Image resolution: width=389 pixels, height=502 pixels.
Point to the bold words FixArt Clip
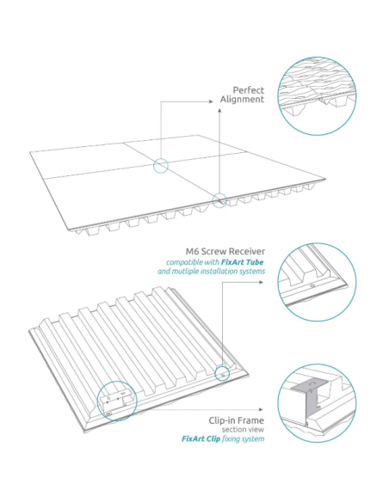201,439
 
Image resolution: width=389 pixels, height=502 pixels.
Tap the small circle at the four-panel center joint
160,166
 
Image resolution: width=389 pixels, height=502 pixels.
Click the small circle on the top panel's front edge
220,200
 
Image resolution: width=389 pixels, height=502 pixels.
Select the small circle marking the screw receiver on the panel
223,373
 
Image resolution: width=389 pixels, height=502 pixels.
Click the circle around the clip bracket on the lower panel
116,400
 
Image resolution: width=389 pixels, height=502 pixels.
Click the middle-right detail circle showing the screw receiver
318,280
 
